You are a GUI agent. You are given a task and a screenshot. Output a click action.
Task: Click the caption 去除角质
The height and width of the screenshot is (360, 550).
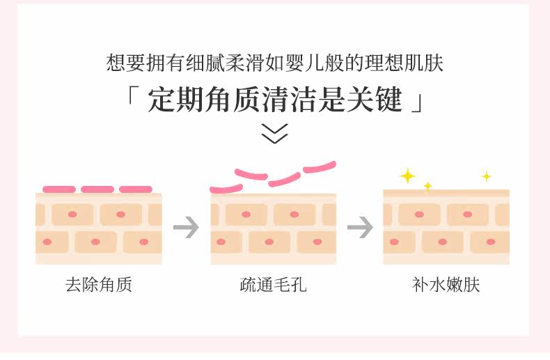click(98, 285)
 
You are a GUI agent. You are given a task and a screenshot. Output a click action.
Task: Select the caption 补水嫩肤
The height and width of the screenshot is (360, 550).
click(446, 285)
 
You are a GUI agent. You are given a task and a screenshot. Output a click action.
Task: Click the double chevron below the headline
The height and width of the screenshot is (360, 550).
click(274, 132)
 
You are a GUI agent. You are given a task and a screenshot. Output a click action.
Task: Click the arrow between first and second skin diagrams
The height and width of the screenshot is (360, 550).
click(186, 228)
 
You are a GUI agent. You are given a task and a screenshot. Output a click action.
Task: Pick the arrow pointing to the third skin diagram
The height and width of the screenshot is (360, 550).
click(360, 228)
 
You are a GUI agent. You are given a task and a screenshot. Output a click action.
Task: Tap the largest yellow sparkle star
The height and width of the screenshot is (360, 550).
click(407, 175)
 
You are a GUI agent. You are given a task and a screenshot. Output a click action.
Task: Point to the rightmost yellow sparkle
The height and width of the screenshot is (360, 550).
click(487, 176)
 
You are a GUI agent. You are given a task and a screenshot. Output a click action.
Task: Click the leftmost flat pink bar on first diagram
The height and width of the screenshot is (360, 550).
click(59, 189)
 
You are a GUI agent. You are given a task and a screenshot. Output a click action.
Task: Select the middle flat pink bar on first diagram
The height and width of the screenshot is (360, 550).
click(97, 189)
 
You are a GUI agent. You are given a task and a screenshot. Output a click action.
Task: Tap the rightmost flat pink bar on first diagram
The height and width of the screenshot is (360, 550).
click(135, 189)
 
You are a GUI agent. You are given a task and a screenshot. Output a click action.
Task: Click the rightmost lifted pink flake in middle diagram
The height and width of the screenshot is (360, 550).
click(320, 167)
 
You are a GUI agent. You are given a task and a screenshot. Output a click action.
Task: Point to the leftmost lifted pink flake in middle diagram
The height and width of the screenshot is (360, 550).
click(226, 188)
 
